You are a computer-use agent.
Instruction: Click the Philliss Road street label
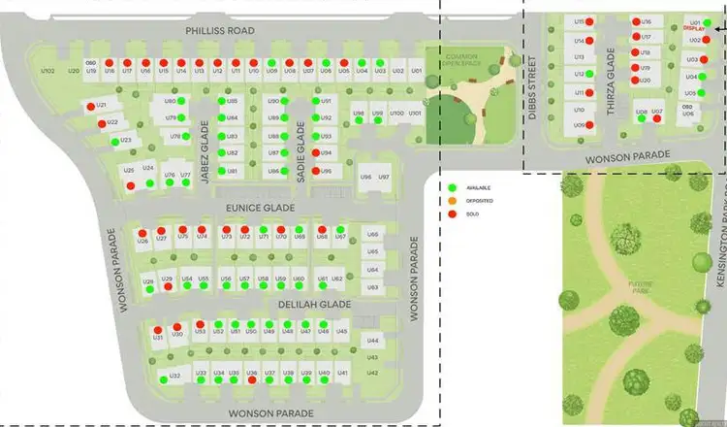[x=220, y=31]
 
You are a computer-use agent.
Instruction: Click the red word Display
[x=694, y=29]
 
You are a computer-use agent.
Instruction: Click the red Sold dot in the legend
[x=452, y=213]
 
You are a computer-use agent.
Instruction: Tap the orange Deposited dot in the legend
[x=452, y=200]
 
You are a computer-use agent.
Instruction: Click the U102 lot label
[x=47, y=71]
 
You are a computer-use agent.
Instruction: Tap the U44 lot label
[x=372, y=341]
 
